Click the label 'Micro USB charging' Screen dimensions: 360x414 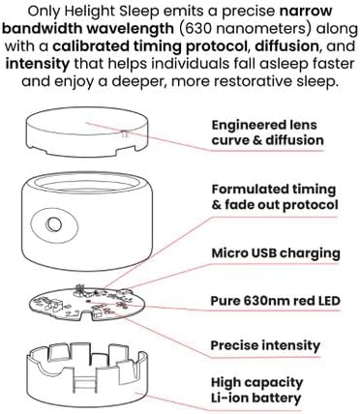click(276, 253)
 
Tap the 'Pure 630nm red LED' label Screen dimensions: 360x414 click(276, 301)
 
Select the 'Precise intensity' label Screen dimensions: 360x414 click(265, 345)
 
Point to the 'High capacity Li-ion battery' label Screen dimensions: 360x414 click(256, 390)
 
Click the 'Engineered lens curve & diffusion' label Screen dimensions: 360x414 click(267, 133)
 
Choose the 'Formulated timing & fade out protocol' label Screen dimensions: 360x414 click(275, 197)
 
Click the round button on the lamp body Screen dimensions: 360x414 click(54, 224)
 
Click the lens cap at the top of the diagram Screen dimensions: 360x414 click(87, 133)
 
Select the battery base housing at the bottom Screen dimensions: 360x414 click(87, 376)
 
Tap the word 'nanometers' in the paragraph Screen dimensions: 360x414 click(260, 29)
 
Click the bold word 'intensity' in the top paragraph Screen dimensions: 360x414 click(38, 64)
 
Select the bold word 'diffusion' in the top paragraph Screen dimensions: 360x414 click(286, 46)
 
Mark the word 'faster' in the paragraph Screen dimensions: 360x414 click(334, 64)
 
